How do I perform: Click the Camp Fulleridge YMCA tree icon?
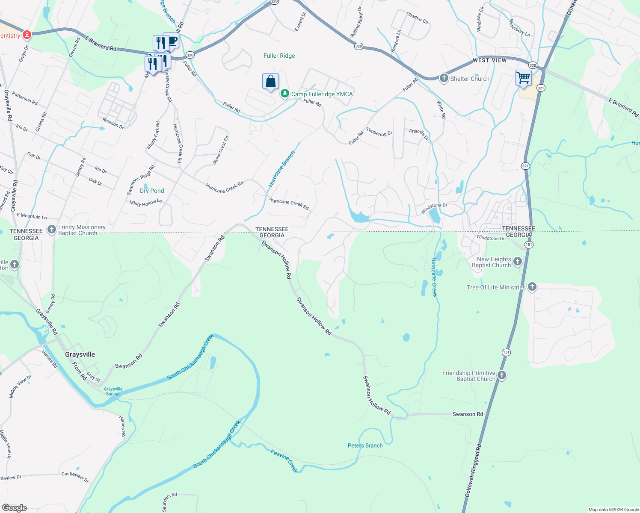tap(284, 94)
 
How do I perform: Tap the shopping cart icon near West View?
tap(523, 78)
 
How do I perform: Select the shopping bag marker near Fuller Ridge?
tap(270, 81)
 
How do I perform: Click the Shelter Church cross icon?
tap(444, 78)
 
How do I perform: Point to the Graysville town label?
tap(80, 354)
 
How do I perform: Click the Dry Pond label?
tap(152, 191)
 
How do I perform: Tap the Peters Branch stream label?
tap(365, 445)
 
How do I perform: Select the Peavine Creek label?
tap(284, 460)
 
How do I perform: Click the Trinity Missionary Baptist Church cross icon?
tap(52, 230)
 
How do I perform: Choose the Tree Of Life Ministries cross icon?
tap(532, 287)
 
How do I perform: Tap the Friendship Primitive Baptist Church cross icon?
tap(502, 375)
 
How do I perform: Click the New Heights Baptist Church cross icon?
tap(518, 262)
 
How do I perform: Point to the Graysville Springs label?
tap(113, 391)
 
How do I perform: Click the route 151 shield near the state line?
tap(529, 245)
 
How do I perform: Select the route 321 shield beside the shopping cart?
tap(541, 88)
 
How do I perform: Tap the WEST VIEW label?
tap(489, 60)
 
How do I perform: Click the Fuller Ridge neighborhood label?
tap(279, 56)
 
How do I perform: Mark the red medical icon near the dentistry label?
tap(27, 35)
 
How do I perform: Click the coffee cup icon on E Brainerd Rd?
tap(173, 41)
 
